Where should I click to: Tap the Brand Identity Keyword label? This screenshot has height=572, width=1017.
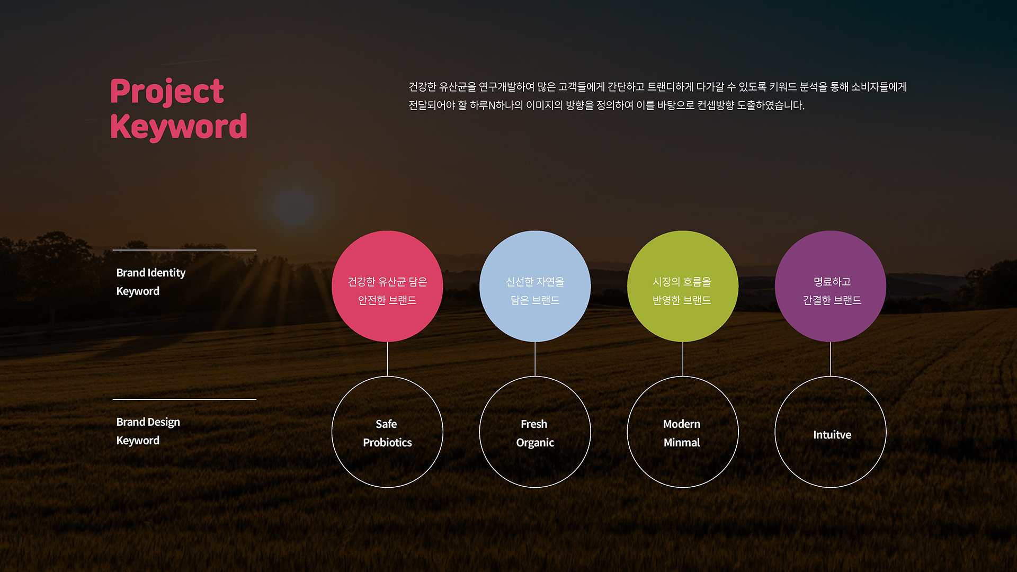pos(151,282)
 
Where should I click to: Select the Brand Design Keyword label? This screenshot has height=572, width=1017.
pos(148,431)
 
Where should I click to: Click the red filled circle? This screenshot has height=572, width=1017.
pos(387,286)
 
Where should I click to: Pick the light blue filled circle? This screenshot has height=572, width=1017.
pos(535,286)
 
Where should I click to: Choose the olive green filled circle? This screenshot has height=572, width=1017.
pos(683,286)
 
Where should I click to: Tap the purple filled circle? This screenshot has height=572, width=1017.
pos(831,286)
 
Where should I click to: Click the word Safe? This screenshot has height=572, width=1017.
pos(386,424)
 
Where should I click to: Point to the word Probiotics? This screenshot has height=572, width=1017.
pos(387,443)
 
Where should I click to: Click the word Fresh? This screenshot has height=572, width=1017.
pos(534,424)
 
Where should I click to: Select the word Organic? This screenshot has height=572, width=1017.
pos(535,443)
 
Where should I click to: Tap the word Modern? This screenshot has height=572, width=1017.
pos(682,424)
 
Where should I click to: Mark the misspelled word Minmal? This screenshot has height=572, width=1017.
pos(682,443)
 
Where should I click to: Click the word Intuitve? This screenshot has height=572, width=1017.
pos(832,435)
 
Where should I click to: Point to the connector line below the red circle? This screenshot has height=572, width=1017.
pos(387,359)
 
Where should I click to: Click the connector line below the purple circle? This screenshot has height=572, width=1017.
pos(831,359)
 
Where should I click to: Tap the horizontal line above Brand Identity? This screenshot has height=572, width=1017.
pos(184,250)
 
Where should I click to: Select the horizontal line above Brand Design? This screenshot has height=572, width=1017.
pos(184,399)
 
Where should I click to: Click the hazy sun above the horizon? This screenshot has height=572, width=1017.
pos(293,207)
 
